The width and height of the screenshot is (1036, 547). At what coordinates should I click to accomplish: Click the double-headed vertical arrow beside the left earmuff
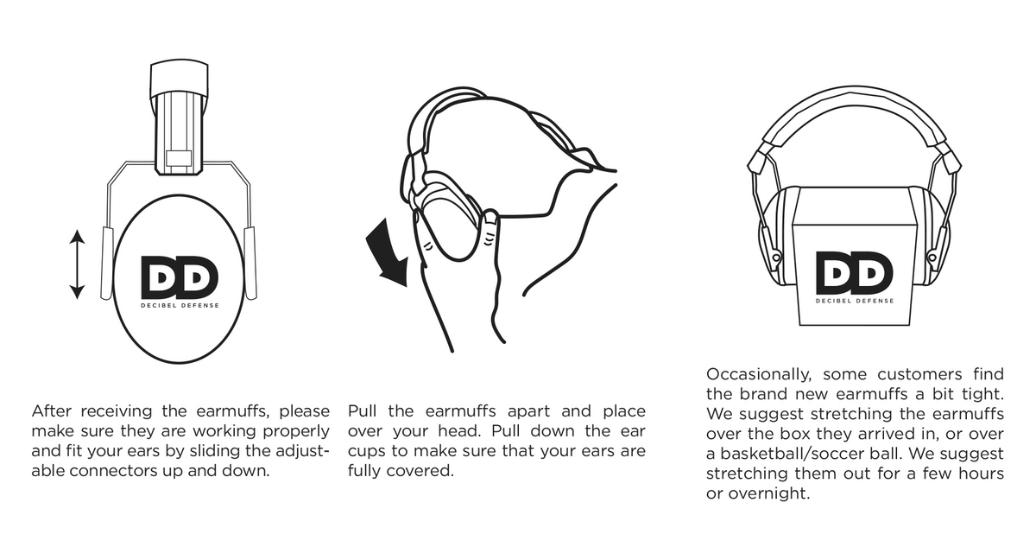pos(78,264)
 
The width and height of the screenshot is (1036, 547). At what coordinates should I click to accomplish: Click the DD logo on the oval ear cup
pos(180,277)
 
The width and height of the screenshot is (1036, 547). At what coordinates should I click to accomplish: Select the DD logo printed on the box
pos(854,272)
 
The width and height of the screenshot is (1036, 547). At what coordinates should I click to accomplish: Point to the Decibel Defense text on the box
pos(854,301)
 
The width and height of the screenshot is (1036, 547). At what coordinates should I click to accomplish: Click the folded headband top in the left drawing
pos(180,80)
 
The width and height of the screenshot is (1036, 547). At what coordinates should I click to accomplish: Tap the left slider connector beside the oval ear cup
pos(107,263)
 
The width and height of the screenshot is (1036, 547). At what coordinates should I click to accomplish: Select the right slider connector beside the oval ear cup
pos(250,263)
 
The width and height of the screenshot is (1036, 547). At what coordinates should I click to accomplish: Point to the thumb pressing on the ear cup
pos(488,230)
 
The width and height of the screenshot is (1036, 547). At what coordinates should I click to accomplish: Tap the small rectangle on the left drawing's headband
pos(180,157)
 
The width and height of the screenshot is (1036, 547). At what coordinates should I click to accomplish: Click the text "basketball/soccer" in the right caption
pos(788,454)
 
